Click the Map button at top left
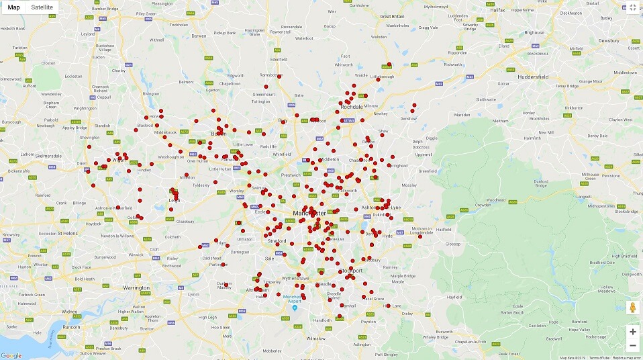[13, 7]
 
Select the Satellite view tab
[42, 7]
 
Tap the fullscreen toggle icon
[632, 7]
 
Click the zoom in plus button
[632, 332]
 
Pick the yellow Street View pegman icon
[632, 308]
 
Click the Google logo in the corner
[11, 355]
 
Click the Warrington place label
[137, 287]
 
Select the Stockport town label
[350, 271]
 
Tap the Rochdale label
[352, 107]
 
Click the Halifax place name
[497, 11]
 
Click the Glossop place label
[453, 244]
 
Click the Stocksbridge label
[626, 211]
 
